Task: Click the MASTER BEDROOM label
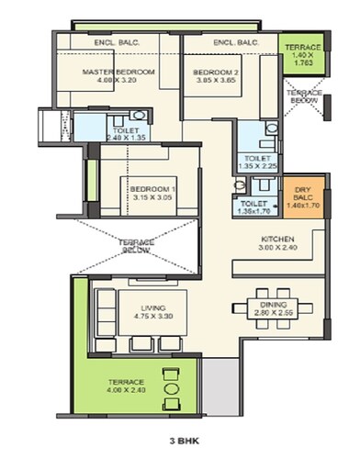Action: pyautogui.click(x=117, y=72)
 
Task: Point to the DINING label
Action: pyautogui.click(x=273, y=304)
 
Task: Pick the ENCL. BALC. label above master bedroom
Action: pyautogui.click(x=116, y=43)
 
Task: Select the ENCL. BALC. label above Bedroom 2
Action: pyautogui.click(x=233, y=43)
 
